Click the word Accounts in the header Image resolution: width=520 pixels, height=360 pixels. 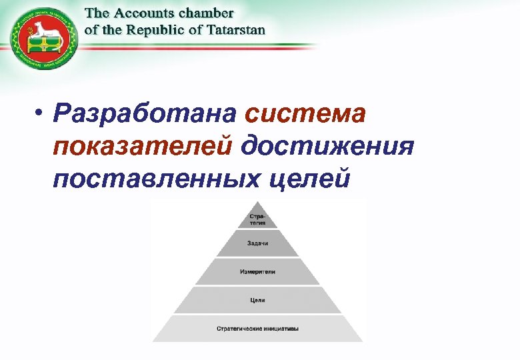coord(143,13)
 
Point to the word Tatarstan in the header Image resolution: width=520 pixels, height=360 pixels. coord(233,29)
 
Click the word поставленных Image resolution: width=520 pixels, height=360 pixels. coord(153,178)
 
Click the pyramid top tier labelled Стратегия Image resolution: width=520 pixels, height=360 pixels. coord(257,219)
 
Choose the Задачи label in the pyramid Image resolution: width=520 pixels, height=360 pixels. coord(257,243)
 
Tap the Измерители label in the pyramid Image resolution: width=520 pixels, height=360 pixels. coord(257,272)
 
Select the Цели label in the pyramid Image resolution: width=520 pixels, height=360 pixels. coord(257,300)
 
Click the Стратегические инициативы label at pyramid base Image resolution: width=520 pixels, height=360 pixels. coord(257,329)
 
